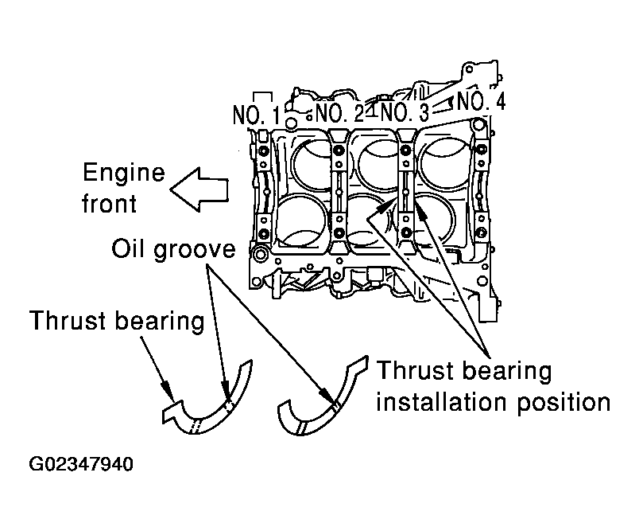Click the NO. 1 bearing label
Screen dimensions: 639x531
click(x=257, y=115)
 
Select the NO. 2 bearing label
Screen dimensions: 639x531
click(x=340, y=112)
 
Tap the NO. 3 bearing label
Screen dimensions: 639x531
click(x=405, y=111)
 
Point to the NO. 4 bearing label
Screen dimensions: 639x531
click(x=482, y=101)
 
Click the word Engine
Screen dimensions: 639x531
click(x=123, y=174)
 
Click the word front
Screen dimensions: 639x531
click(x=109, y=203)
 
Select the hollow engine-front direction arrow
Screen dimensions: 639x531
click(x=199, y=189)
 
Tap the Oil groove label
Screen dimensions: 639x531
click(x=173, y=248)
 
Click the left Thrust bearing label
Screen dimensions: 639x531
click(x=117, y=321)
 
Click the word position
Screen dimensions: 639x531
click(x=564, y=404)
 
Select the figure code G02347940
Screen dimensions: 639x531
click(x=81, y=464)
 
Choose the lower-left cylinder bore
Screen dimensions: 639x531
click(x=302, y=221)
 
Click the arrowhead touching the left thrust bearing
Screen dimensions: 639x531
click(x=168, y=390)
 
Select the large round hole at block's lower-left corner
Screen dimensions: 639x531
click(x=259, y=254)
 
